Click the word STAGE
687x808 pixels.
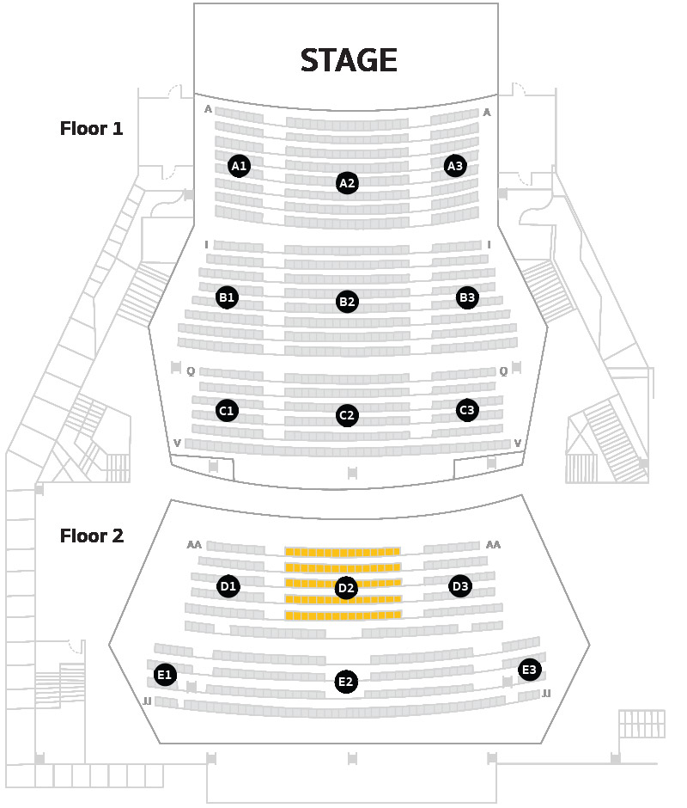click(x=349, y=60)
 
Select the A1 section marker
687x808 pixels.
click(x=239, y=166)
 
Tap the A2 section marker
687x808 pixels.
click(x=347, y=183)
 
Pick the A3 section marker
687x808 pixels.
click(x=455, y=166)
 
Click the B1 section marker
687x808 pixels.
click(x=227, y=297)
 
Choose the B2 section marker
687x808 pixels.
click(x=347, y=302)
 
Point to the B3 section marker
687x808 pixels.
click(x=467, y=297)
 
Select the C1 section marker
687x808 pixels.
click(x=227, y=411)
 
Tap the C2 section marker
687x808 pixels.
click(x=347, y=415)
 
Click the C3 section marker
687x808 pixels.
click(x=467, y=410)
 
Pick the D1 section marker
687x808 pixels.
click(x=228, y=586)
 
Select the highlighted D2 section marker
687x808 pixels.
click(x=346, y=588)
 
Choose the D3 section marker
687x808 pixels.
click(x=460, y=586)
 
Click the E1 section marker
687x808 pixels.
click(x=165, y=675)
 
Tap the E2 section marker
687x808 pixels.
click(x=345, y=682)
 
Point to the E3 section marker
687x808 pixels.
click(x=529, y=670)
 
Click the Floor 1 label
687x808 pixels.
click(x=92, y=128)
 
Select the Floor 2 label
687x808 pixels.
click(x=92, y=536)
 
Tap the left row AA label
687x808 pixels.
click(x=194, y=545)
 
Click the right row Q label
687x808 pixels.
click(x=503, y=371)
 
